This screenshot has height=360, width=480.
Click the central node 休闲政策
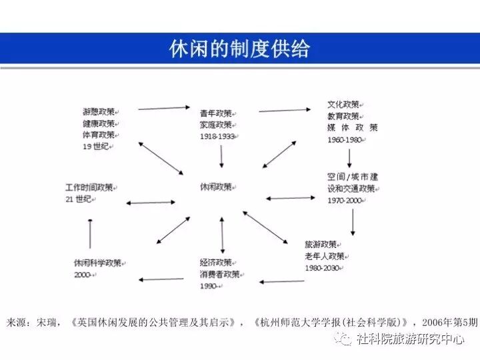coord(216,187)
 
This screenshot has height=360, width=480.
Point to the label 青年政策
coord(215,113)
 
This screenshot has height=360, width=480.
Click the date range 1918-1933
coord(217,136)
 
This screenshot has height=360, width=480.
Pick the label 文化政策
coord(343,105)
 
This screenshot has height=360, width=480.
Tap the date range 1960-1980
coord(345,140)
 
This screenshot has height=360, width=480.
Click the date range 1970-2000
coord(345,200)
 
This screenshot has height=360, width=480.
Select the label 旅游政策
coord(320,244)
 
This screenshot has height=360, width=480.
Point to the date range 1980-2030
coord(322,268)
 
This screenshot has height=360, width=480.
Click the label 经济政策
coord(215,262)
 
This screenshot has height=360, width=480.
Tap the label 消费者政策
coord(219,273)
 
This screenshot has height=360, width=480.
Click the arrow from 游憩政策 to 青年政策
coord(165,107)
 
